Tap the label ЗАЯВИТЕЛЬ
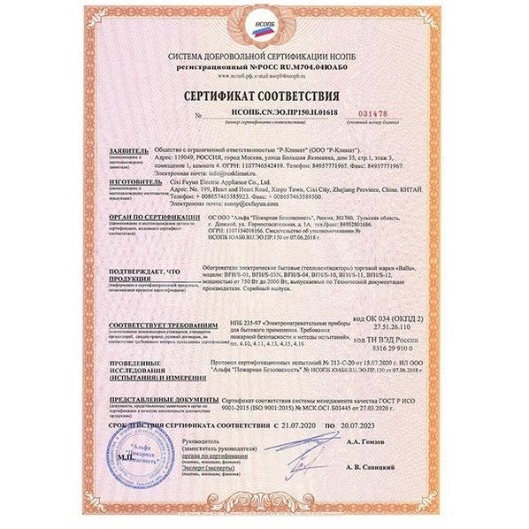(128, 151)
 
